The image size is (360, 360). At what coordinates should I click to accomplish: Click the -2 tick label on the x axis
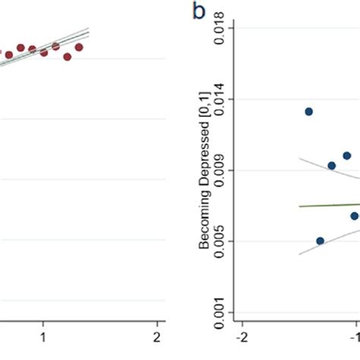(x=242, y=336)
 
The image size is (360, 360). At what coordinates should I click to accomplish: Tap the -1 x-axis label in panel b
(x=353, y=336)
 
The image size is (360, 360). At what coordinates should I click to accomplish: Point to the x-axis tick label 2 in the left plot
(x=156, y=336)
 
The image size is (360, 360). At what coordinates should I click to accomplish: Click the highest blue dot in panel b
(x=309, y=112)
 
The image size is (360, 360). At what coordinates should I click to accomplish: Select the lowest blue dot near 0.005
(x=320, y=241)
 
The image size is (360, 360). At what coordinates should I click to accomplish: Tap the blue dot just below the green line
(x=354, y=216)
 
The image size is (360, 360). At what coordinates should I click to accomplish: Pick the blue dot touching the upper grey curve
(x=331, y=166)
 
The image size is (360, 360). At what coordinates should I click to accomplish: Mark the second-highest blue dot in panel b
(x=347, y=156)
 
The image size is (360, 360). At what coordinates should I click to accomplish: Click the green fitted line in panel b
(x=327, y=205)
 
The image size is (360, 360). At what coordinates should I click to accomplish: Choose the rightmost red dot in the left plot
(x=79, y=47)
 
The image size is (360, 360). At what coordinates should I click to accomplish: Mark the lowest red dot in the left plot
(x=68, y=56)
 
